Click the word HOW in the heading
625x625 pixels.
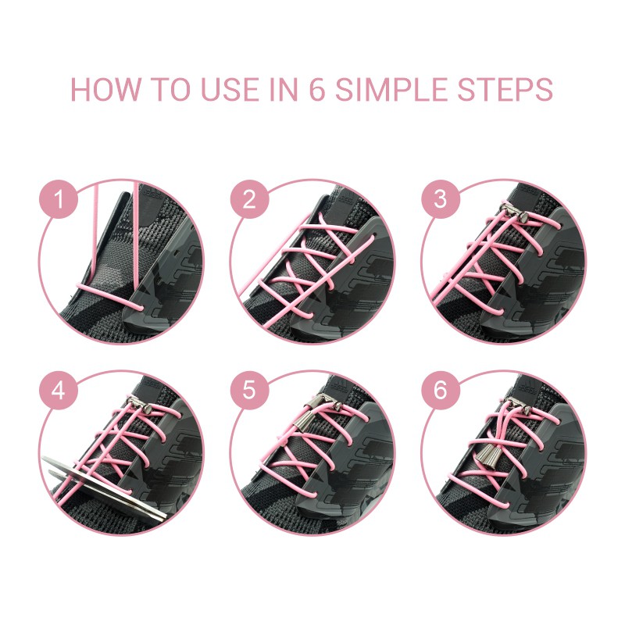pos(105,89)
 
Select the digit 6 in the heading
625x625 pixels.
pos(317,89)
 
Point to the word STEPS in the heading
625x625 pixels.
pos(505,89)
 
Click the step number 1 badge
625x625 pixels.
pos(58,199)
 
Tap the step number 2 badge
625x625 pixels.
pos(249,199)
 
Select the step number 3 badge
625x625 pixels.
pos(441,199)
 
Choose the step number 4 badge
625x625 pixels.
pos(58,390)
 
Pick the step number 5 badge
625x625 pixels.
pos(249,390)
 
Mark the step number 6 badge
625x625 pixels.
pos(441,390)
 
